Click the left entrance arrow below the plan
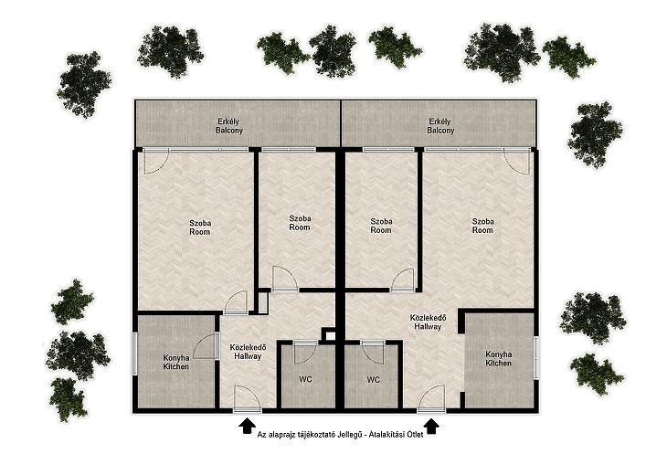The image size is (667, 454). (x=247, y=426)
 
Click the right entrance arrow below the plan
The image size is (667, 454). (x=432, y=426)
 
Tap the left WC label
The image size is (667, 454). (x=305, y=379)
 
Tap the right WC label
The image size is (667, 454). (x=373, y=380)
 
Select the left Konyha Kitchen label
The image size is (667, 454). (x=176, y=362)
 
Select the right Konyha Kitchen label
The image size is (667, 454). (x=499, y=358)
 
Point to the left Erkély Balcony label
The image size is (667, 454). (x=228, y=126)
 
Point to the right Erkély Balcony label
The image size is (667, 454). (x=440, y=126)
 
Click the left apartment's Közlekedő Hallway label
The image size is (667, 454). (x=248, y=352)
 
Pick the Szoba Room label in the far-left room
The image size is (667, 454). (x=200, y=227)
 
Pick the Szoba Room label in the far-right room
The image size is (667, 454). (x=482, y=226)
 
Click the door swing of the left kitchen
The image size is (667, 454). (x=205, y=346)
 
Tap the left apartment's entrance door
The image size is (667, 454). (x=247, y=399)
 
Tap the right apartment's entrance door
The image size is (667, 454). (x=431, y=399)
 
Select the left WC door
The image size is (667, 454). (x=305, y=353)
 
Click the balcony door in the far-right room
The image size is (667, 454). (x=517, y=161)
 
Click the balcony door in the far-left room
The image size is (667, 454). (x=156, y=161)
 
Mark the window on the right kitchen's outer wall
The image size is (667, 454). (x=536, y=357)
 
